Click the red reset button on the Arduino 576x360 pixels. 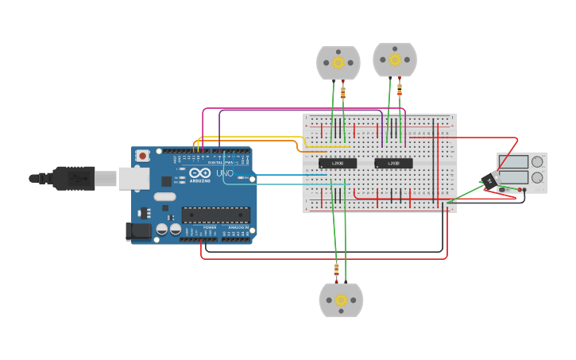[142, 156]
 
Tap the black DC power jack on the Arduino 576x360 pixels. [138, 231]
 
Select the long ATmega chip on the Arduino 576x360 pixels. [215, 215]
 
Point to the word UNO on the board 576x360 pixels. [225, 172]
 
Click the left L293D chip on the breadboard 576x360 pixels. [337, 164]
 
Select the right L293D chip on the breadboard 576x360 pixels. [393, 164]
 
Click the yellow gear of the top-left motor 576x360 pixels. [338, 62]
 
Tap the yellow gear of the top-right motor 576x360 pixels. [395, 59]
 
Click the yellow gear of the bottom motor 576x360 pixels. [341, 300]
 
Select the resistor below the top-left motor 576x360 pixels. [343, 92]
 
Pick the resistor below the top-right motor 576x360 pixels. [399, 87]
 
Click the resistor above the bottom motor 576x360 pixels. [337, 270]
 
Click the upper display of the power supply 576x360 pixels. [512, 162]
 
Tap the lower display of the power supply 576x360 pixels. [512, 177]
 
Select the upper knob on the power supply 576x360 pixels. [537, 162]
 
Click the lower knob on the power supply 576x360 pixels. [537, 178]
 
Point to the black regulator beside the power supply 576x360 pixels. [489, 180]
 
